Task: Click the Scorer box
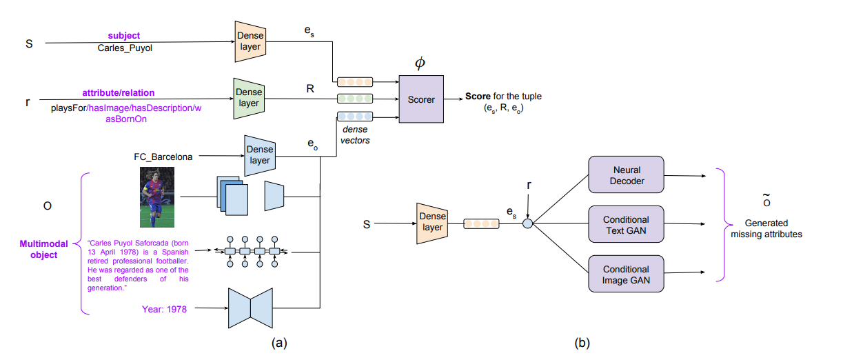click(421, 99)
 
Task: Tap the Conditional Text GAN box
click(625, 223)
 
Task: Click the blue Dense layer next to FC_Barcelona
click(258, 154)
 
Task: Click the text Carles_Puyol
click(121, 49)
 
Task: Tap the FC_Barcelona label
click(160, 156)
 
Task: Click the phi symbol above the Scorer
click(420, 63)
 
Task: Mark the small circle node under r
click(528, 223)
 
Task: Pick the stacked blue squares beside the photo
click(232, 196)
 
